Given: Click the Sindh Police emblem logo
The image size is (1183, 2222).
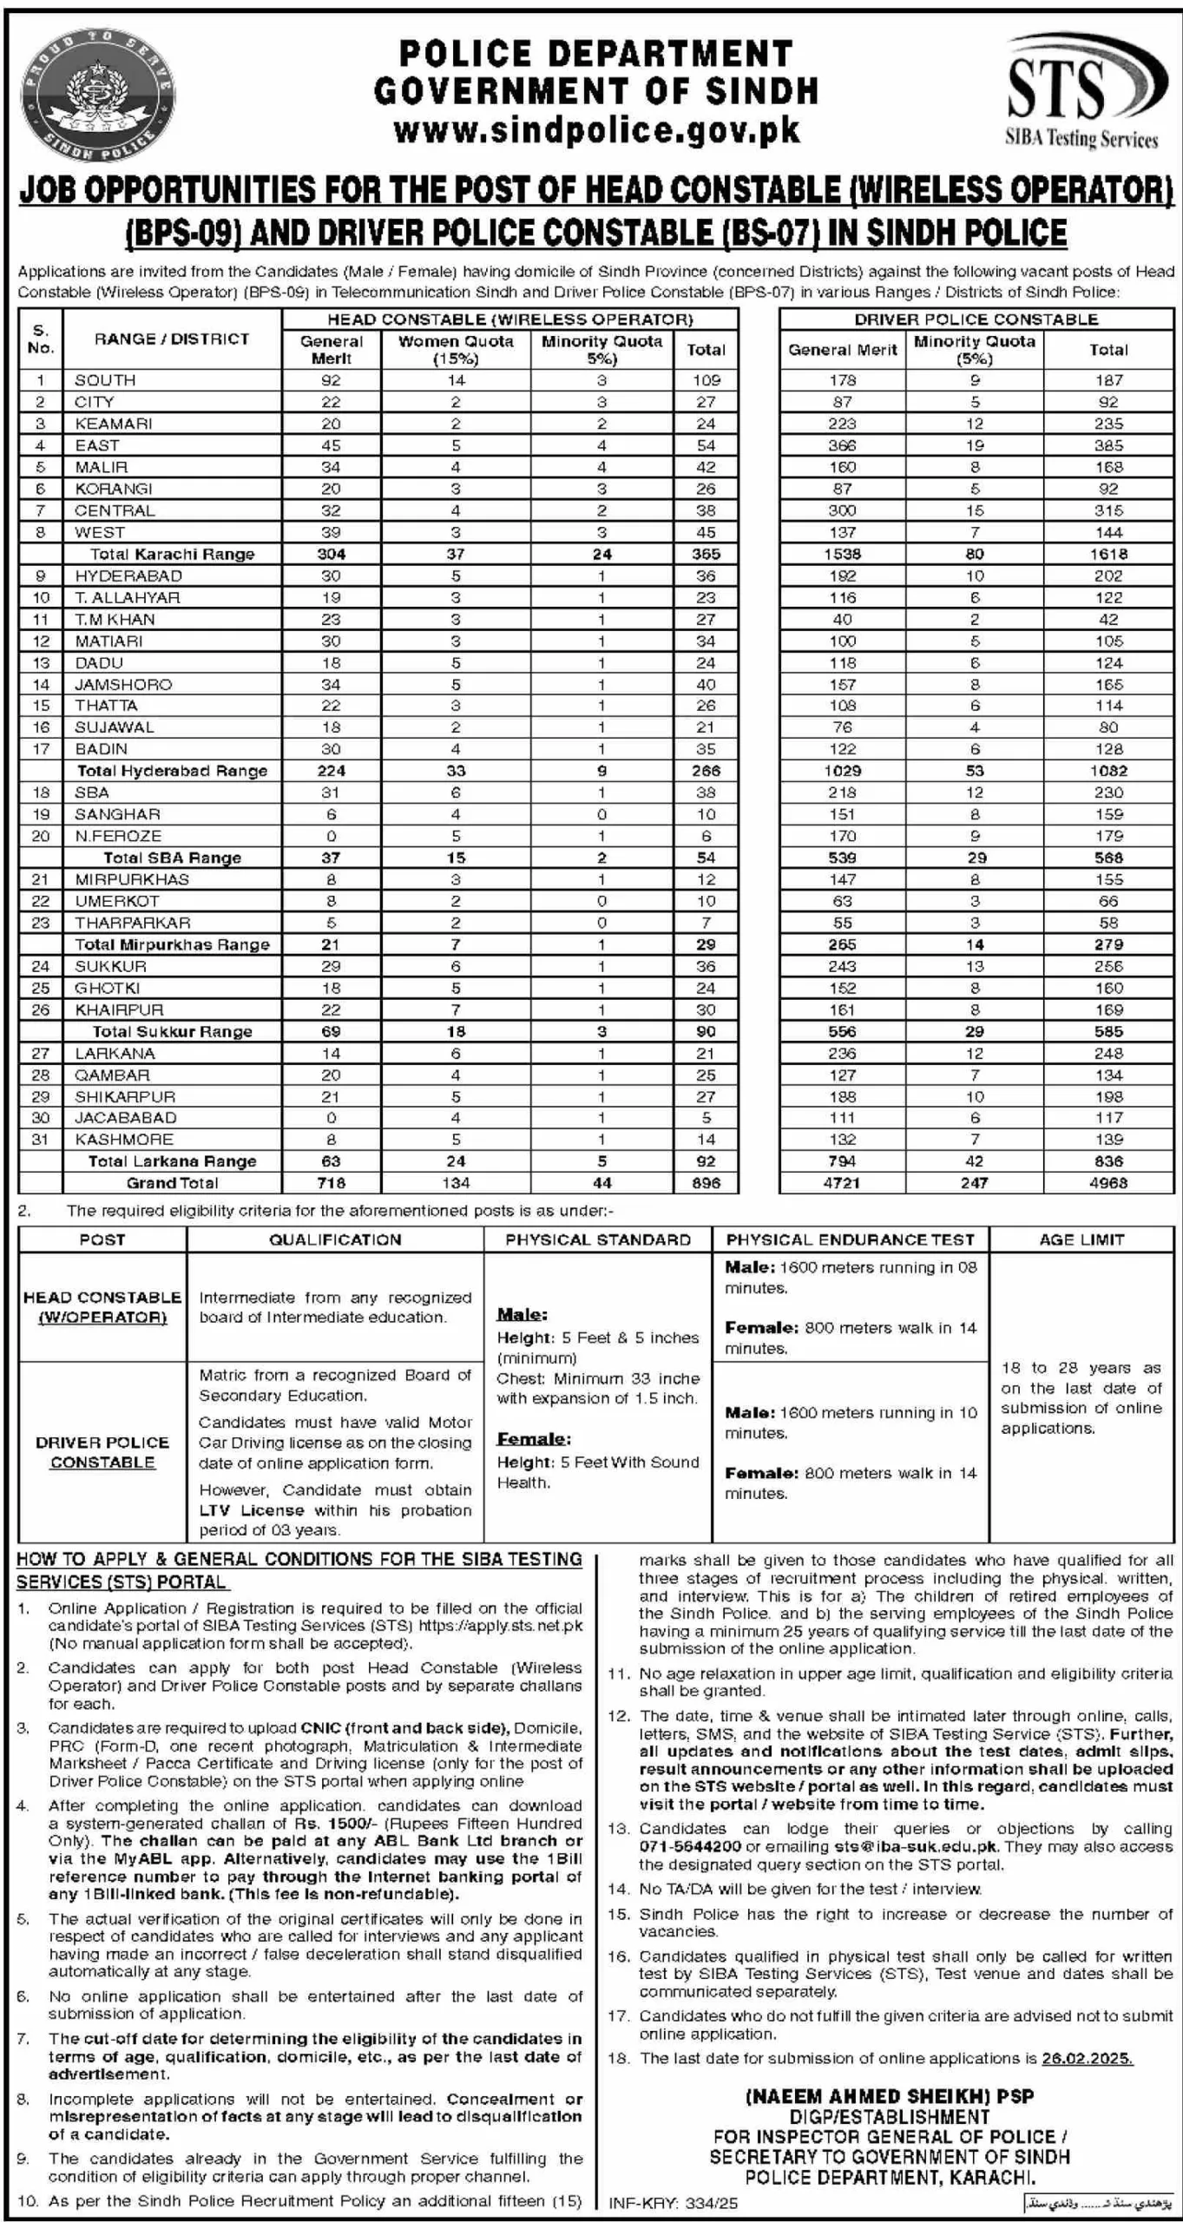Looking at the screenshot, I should point(97,93).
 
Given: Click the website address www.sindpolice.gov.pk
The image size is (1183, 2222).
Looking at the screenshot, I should point(596,130).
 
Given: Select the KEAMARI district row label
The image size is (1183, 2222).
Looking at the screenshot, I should point(113,424).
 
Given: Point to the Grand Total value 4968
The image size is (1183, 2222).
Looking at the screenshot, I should point(1107,1182).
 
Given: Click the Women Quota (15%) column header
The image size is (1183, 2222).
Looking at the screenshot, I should point(456,349).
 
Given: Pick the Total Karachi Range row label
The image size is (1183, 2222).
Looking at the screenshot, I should point(172,554).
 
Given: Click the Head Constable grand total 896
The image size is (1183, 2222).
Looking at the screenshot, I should point(706,1182).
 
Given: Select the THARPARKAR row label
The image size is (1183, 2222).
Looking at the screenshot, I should point(132,923).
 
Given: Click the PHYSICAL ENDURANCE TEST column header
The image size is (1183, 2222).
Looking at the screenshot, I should point(850,1239).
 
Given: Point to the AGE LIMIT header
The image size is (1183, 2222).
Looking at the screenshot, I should point(1081,1239).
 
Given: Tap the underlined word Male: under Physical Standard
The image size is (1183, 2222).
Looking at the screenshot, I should point(522,1314).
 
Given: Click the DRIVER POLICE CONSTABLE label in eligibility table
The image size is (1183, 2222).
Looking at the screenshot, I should point(102,1452).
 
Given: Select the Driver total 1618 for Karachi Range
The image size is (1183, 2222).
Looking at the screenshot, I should point(1107,554).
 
